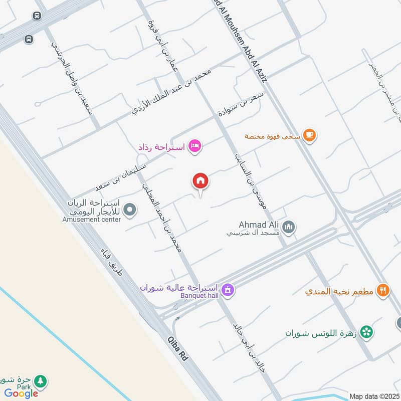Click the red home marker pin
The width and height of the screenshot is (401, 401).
tap(200, 181)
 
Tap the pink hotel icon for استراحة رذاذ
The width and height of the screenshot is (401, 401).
tap(195, 147)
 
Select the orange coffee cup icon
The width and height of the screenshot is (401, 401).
tap(310, 135)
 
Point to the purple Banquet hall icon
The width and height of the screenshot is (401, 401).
tap(228, 290)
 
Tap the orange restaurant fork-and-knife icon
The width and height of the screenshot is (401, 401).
tap(383, 290)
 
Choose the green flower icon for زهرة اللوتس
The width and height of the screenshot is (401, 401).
tap(367, 332)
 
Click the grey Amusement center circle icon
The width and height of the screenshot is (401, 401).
tap(130, 210)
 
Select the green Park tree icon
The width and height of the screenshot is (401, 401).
tap(41, 381)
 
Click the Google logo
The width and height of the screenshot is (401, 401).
tap(21, 393)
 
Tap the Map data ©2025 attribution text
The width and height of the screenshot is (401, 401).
tap(373, 396)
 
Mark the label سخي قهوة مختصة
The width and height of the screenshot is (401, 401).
tap(273, 135)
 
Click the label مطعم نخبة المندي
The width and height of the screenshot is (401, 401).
tap(339, 291)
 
